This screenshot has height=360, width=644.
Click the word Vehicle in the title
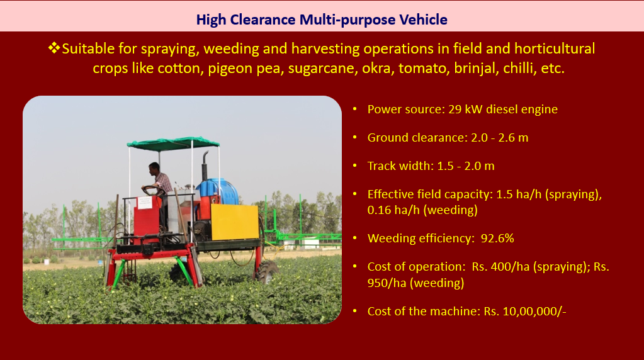click(x=424, y=20)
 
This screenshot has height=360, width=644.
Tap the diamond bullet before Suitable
click(x=54, y=48)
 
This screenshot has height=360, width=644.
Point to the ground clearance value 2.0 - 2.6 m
click(x=499, y=137)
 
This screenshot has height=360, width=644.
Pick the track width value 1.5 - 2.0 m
click(x=466, y=166)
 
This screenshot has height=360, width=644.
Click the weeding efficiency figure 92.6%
click(x=497, y=239)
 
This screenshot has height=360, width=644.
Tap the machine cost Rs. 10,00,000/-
click(x=525, y=311)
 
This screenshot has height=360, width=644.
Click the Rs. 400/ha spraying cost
click(x=500, y=267)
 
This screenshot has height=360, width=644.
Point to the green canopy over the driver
click(x=173, y=142)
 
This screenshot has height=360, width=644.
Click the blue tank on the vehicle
click(x=218, y=191)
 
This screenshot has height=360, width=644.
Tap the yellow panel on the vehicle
click(x=235, y=222)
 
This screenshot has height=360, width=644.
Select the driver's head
click(x=154, y=168)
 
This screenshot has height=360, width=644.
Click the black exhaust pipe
click(x=205, y=166)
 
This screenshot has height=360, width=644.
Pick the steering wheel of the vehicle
click(x=153, y=189)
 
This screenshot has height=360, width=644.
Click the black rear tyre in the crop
click(x=267, y=271)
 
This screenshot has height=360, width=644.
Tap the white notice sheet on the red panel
click(x=145, y=203)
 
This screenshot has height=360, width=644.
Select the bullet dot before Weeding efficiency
click(x=355, y=238)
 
